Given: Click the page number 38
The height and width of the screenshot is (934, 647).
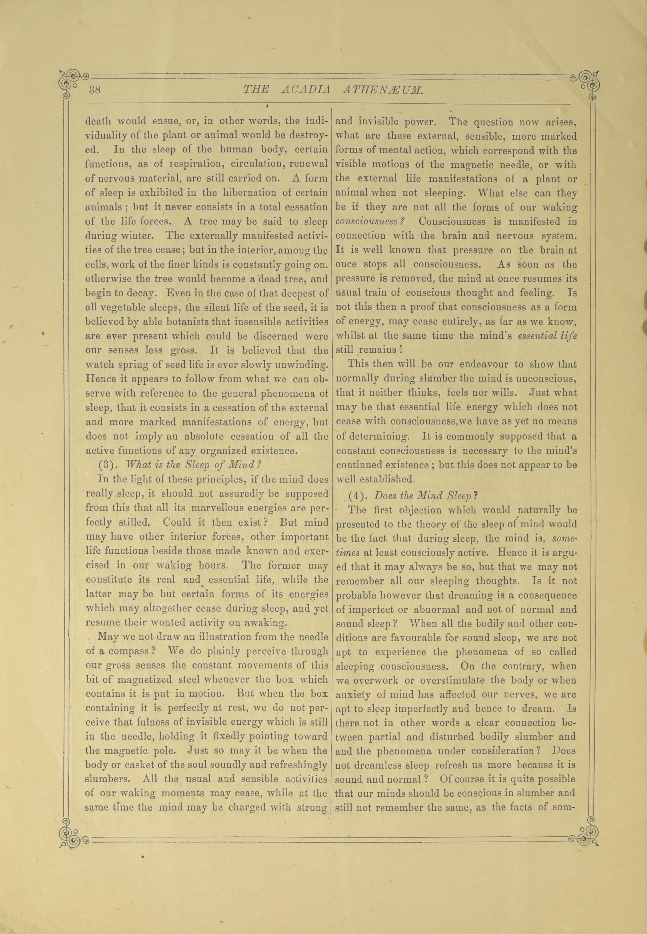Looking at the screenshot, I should pyautogui.click(x=95, y=90).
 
